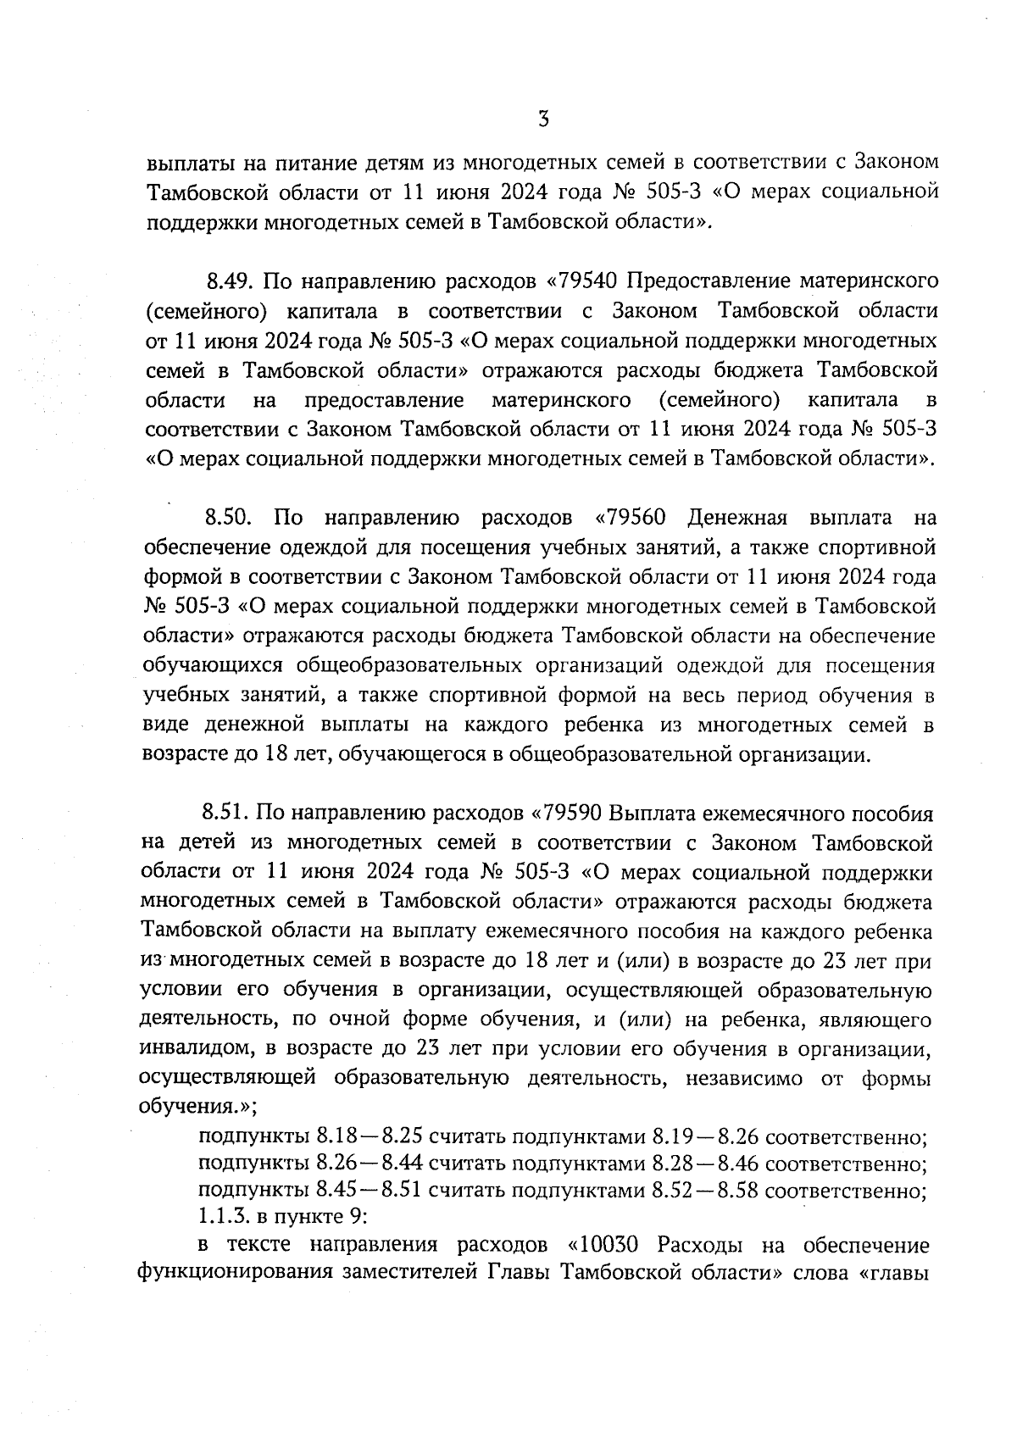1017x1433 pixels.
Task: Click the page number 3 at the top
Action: click(x=543, y=119)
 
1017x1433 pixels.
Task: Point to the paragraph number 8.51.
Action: click(x=224, y=814)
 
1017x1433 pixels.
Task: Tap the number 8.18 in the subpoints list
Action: click(x=336, y=1136)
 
